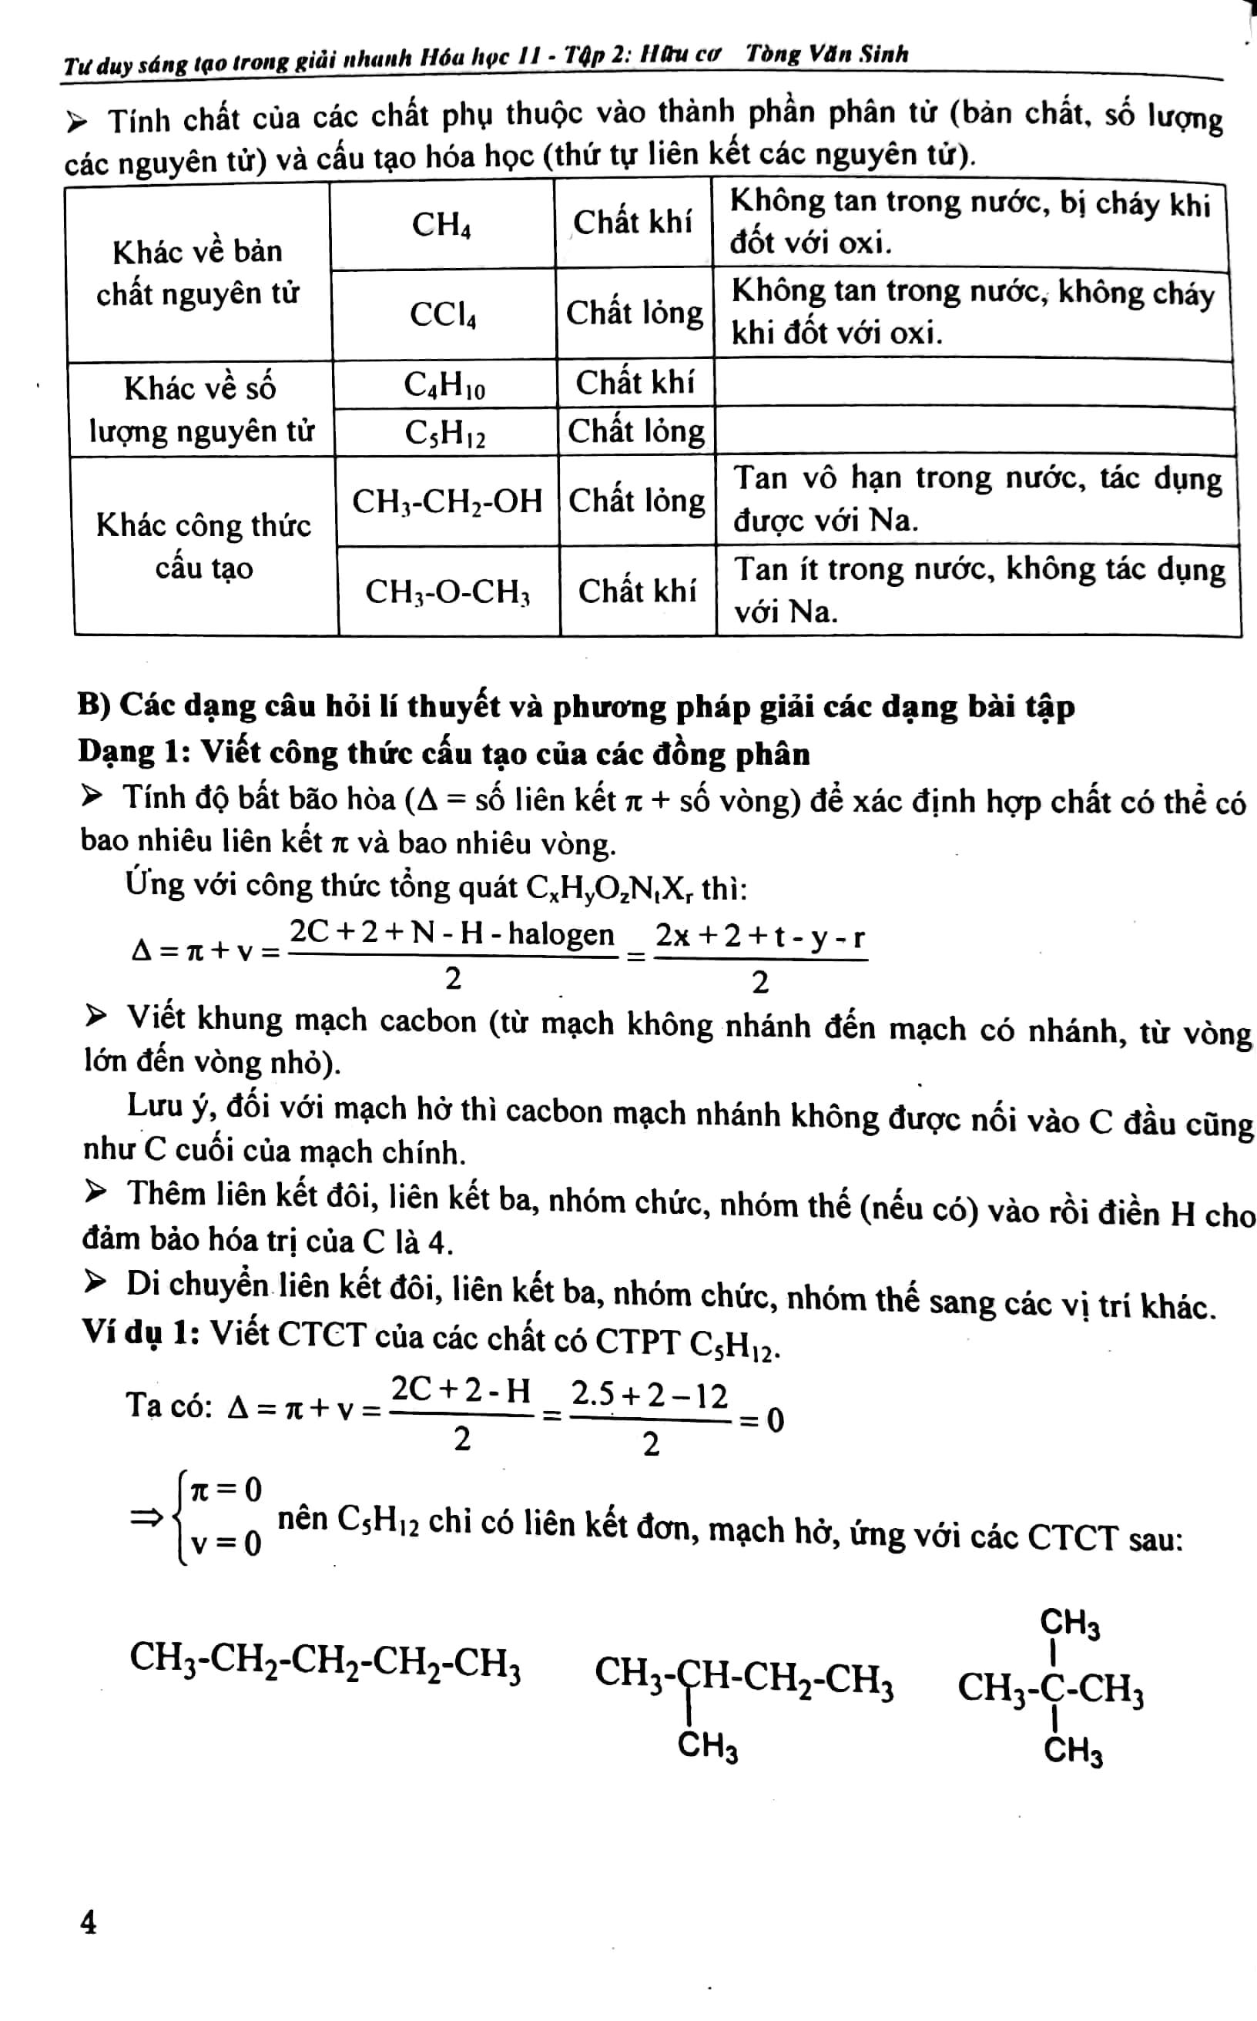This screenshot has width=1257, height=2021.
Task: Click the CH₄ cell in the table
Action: (x=441, y=224)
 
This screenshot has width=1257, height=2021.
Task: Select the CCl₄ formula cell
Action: (x=443, y=314)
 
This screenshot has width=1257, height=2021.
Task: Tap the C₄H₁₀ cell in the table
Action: (x=444, y=384)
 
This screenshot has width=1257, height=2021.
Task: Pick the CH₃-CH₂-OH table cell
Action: (x=447, y=501)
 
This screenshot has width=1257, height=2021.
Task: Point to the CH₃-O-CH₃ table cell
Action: (x=448, y=591)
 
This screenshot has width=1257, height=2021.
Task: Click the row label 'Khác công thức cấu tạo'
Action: (x=203, y=546)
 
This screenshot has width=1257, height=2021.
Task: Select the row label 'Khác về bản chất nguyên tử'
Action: (x=198, y=272)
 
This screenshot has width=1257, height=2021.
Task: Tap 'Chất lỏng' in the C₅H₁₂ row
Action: (x=636, y=431)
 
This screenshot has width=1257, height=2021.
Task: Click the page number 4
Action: (x=88, y=1922)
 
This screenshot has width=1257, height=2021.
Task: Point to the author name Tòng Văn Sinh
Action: (x=826, y=55)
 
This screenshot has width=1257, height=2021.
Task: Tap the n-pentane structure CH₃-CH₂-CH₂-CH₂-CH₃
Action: (x=325, y=1659)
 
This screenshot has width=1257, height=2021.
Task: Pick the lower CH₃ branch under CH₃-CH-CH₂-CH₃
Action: (x=708, y=1746)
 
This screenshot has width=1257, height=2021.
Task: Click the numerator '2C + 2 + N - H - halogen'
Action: (x=452, y=933)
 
